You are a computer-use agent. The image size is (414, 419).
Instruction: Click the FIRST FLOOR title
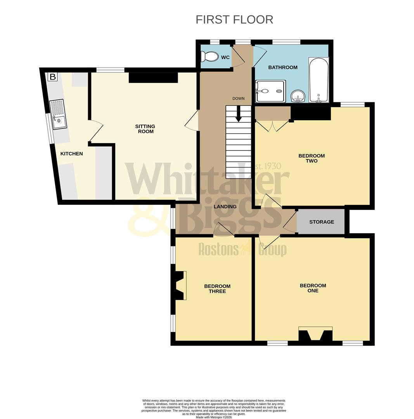(234, 19)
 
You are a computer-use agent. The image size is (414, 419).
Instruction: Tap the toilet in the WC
(210, 57)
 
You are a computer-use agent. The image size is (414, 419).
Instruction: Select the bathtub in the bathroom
(319, 80)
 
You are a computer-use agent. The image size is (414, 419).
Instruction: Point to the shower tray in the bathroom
(270, 91)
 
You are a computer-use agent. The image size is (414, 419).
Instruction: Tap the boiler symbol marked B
(52, 77)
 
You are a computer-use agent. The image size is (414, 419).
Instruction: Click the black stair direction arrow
(238, 113)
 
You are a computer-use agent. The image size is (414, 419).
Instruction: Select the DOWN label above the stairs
(238, 99)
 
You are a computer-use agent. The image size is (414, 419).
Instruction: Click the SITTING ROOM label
(145, 129)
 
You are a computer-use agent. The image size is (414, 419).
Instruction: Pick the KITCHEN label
(71, 154)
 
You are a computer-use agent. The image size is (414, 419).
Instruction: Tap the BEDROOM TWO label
(311, 158)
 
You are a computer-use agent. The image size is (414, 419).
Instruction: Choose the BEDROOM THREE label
(217, 289)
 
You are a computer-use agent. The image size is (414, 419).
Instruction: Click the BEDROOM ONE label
(313, 288)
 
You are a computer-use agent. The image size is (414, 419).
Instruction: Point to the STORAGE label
(321, 222)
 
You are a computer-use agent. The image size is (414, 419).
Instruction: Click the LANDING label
(225, 207)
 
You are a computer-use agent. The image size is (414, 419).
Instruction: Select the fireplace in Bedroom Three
(180, 286)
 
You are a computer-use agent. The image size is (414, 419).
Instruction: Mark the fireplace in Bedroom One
(315, 334)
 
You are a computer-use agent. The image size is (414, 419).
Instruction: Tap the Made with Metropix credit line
(214, 417)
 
